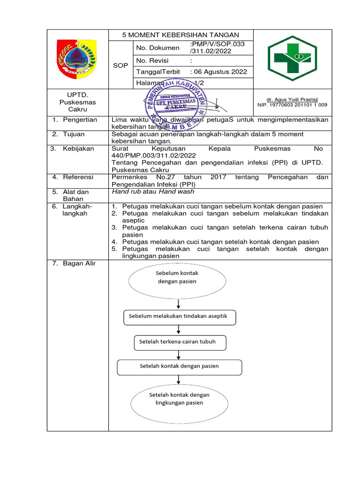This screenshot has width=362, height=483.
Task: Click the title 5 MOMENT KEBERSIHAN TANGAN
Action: point(181,35)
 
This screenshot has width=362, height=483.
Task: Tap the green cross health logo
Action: point(292,58)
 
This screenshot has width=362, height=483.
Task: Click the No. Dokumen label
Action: point(157,48)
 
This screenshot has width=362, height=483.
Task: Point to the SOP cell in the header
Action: point(121,65)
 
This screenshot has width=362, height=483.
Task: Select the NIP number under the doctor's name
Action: point(292,105)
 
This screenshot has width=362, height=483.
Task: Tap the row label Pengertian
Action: point(80,120)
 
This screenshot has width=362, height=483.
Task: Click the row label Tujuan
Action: point(74,134)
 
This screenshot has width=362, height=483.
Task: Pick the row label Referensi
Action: point(78,177)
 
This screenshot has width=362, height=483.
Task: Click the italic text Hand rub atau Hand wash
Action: point(153,192)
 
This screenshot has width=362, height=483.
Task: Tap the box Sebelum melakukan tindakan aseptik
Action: point(180,316)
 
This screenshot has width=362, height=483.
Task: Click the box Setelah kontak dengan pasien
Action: point(179,366)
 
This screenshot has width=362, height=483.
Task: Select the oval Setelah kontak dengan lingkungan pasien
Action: point(179,399)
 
